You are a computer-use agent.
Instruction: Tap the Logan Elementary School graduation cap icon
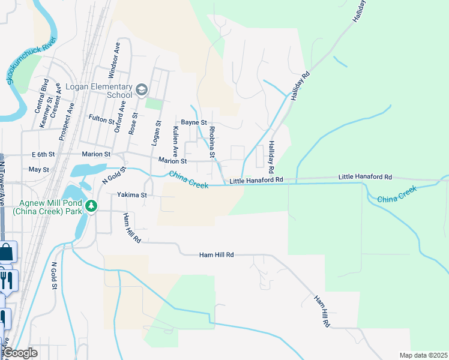(x=141, y=90)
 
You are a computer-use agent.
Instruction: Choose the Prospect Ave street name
(x=66, y=122)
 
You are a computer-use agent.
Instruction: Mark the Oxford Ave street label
(x=119, y=116)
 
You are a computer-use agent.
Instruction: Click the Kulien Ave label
(x=175, y=140)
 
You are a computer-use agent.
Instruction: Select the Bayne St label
(x=194, y=122)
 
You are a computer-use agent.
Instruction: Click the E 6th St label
(x=43, y=154)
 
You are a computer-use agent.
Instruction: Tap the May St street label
(x=38, y=170)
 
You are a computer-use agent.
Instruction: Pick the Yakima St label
(x=131, y=195)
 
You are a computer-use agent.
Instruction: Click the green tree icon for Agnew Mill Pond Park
(x=91, y=206)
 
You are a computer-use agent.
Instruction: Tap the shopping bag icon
(x=5, y=253)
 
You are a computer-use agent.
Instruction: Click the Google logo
(x=20, y=353)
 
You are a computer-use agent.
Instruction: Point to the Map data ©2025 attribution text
(x=423, y=355)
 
